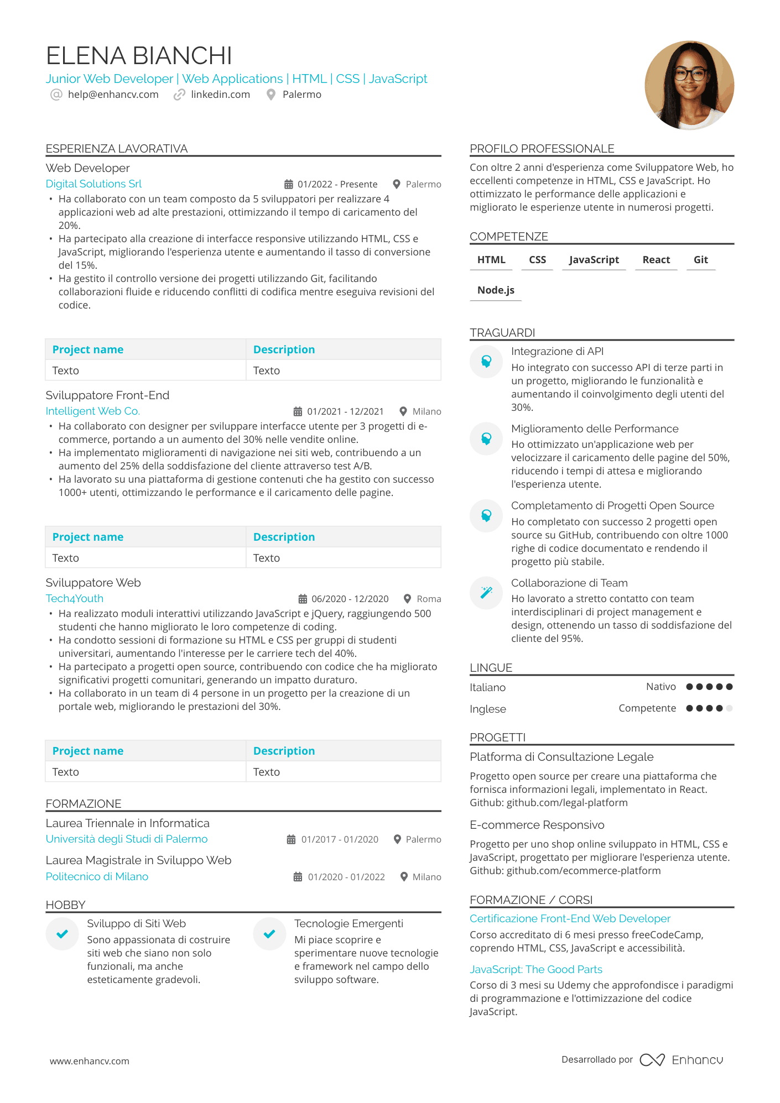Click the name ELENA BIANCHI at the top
[x=139, y=56]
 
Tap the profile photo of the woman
[x=689, y=85]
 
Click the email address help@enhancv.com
[x=113, y=95]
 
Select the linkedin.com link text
[x=220, y=95]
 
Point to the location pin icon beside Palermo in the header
[x=271, y=95]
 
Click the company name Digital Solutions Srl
[x=93, y=184]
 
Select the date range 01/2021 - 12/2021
[x=345, y=411]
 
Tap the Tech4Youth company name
[x=75, y=599]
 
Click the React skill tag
[x=656, y=260]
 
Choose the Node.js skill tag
[x=496, y=290]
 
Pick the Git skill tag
[x=700, y=260]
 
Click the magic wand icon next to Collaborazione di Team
[x=486, y=593]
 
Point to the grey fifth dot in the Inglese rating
[x=729, y=708]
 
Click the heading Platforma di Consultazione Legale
[x=561, y=757]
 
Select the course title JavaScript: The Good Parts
[x=535, y=969]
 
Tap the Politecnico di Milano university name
[x=97, y=876]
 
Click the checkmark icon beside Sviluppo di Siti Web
[x=63, y=934]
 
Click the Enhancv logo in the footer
[x=682, y=1060]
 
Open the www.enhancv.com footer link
[x=90, y=1061]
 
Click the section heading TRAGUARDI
[x=502, y=333]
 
